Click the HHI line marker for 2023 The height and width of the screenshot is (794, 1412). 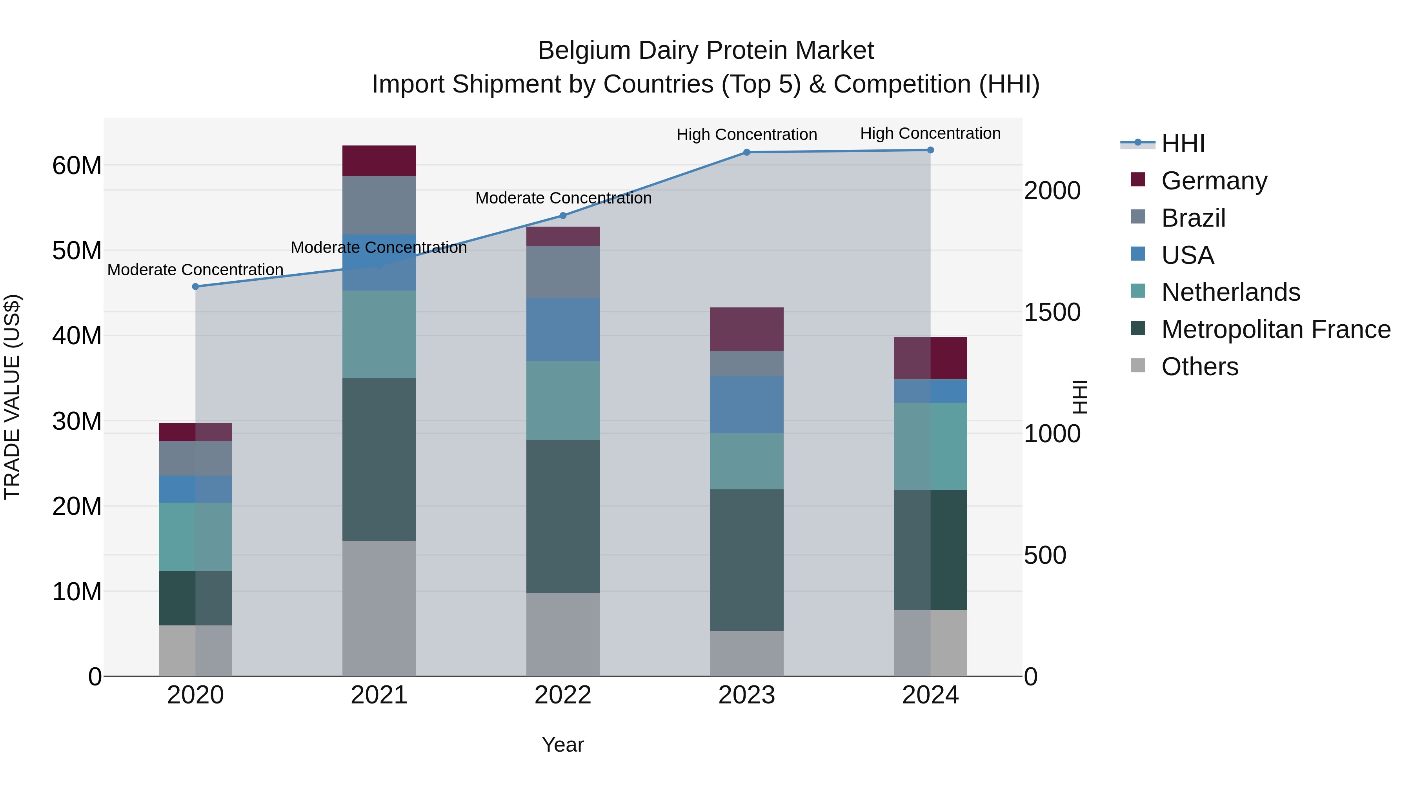point(746,153)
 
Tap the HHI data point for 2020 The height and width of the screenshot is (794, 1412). point(196,287)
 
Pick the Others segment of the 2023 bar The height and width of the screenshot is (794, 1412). point(746,653)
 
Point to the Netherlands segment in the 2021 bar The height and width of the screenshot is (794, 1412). point(379,334)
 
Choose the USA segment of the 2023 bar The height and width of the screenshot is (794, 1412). point(746,405)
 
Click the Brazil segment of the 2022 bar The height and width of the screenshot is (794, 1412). point(563,272)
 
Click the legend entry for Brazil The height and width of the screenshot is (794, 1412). point(1193,218)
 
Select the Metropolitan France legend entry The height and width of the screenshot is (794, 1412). point(1275,330)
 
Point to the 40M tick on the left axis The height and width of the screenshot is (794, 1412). point(77,336)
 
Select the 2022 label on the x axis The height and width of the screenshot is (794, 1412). point(563,695)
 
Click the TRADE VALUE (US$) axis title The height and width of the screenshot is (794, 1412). point(12,397)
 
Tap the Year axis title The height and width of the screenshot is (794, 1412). point(563,745)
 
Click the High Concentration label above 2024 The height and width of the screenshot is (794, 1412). point(930,133)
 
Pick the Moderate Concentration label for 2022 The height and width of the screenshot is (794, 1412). point(563,198)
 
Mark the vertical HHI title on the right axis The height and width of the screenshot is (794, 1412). point(1079,397)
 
